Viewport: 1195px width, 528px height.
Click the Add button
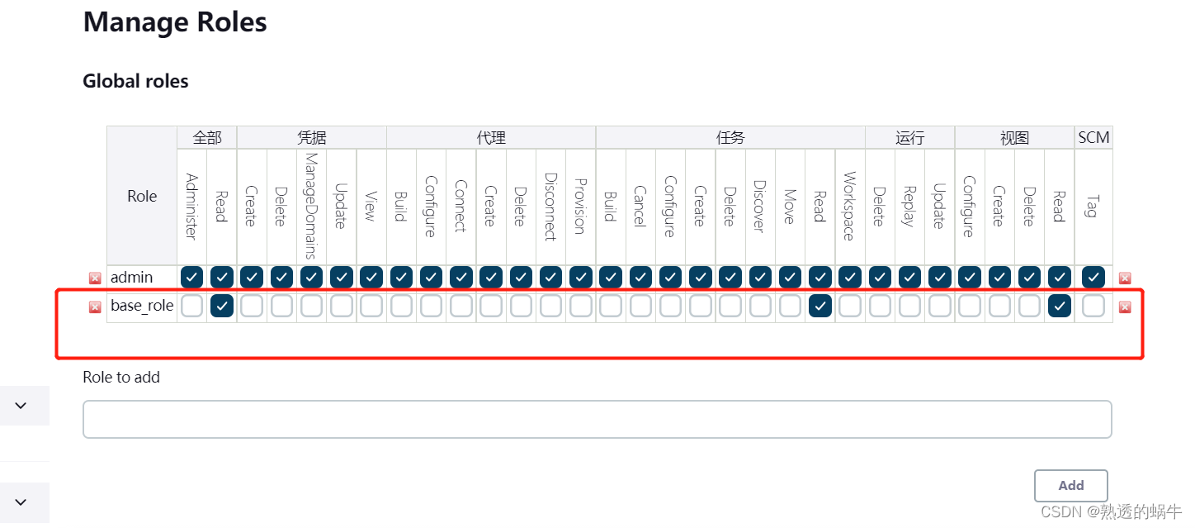(1070, 486)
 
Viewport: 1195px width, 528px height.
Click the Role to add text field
(597, 419)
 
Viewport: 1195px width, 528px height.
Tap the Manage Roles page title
(175, 22)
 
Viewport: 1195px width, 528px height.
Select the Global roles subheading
(135, 81)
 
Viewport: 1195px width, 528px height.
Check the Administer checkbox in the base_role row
(192, 307)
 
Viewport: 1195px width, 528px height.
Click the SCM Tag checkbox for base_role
(1093, 307)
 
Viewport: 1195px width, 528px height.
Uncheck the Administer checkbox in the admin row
(192, 277)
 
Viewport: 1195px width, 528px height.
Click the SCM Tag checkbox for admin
(1093, 277)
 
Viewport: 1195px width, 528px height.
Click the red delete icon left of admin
(95, 278)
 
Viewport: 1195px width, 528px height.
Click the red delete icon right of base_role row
(1125, 307)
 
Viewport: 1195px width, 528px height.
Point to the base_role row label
(142, 306)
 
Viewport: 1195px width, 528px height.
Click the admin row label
(132, 277)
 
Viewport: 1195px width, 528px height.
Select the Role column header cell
(142, 196)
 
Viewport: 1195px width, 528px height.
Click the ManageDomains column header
(311, 205)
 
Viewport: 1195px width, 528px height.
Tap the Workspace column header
(849, 205)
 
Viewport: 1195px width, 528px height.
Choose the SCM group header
(1093, 138)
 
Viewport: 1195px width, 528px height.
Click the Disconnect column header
(550, 205)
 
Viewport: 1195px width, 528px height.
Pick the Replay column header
(909, 205)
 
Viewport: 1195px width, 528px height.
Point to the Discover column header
(760, 205)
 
